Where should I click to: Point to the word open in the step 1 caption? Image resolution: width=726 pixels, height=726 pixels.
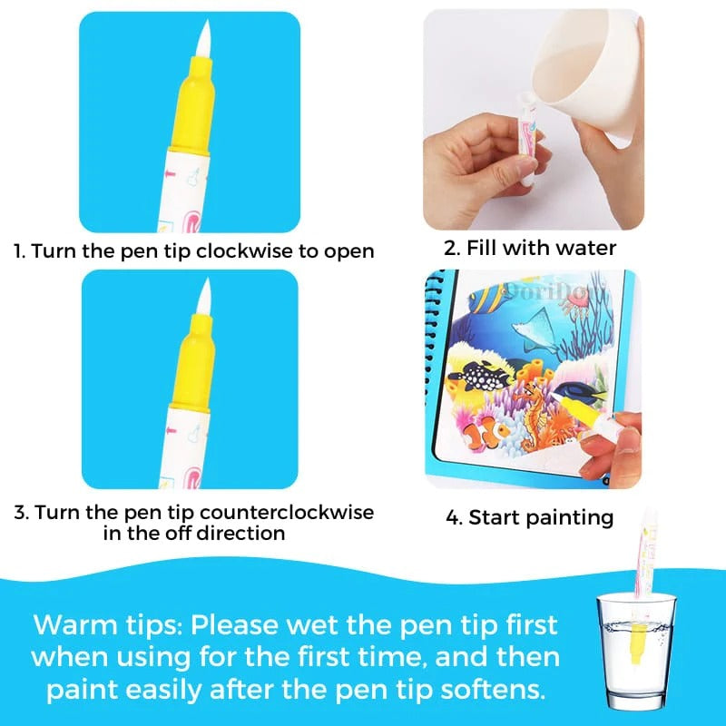348,251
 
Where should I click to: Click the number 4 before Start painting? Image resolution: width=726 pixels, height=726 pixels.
453,519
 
